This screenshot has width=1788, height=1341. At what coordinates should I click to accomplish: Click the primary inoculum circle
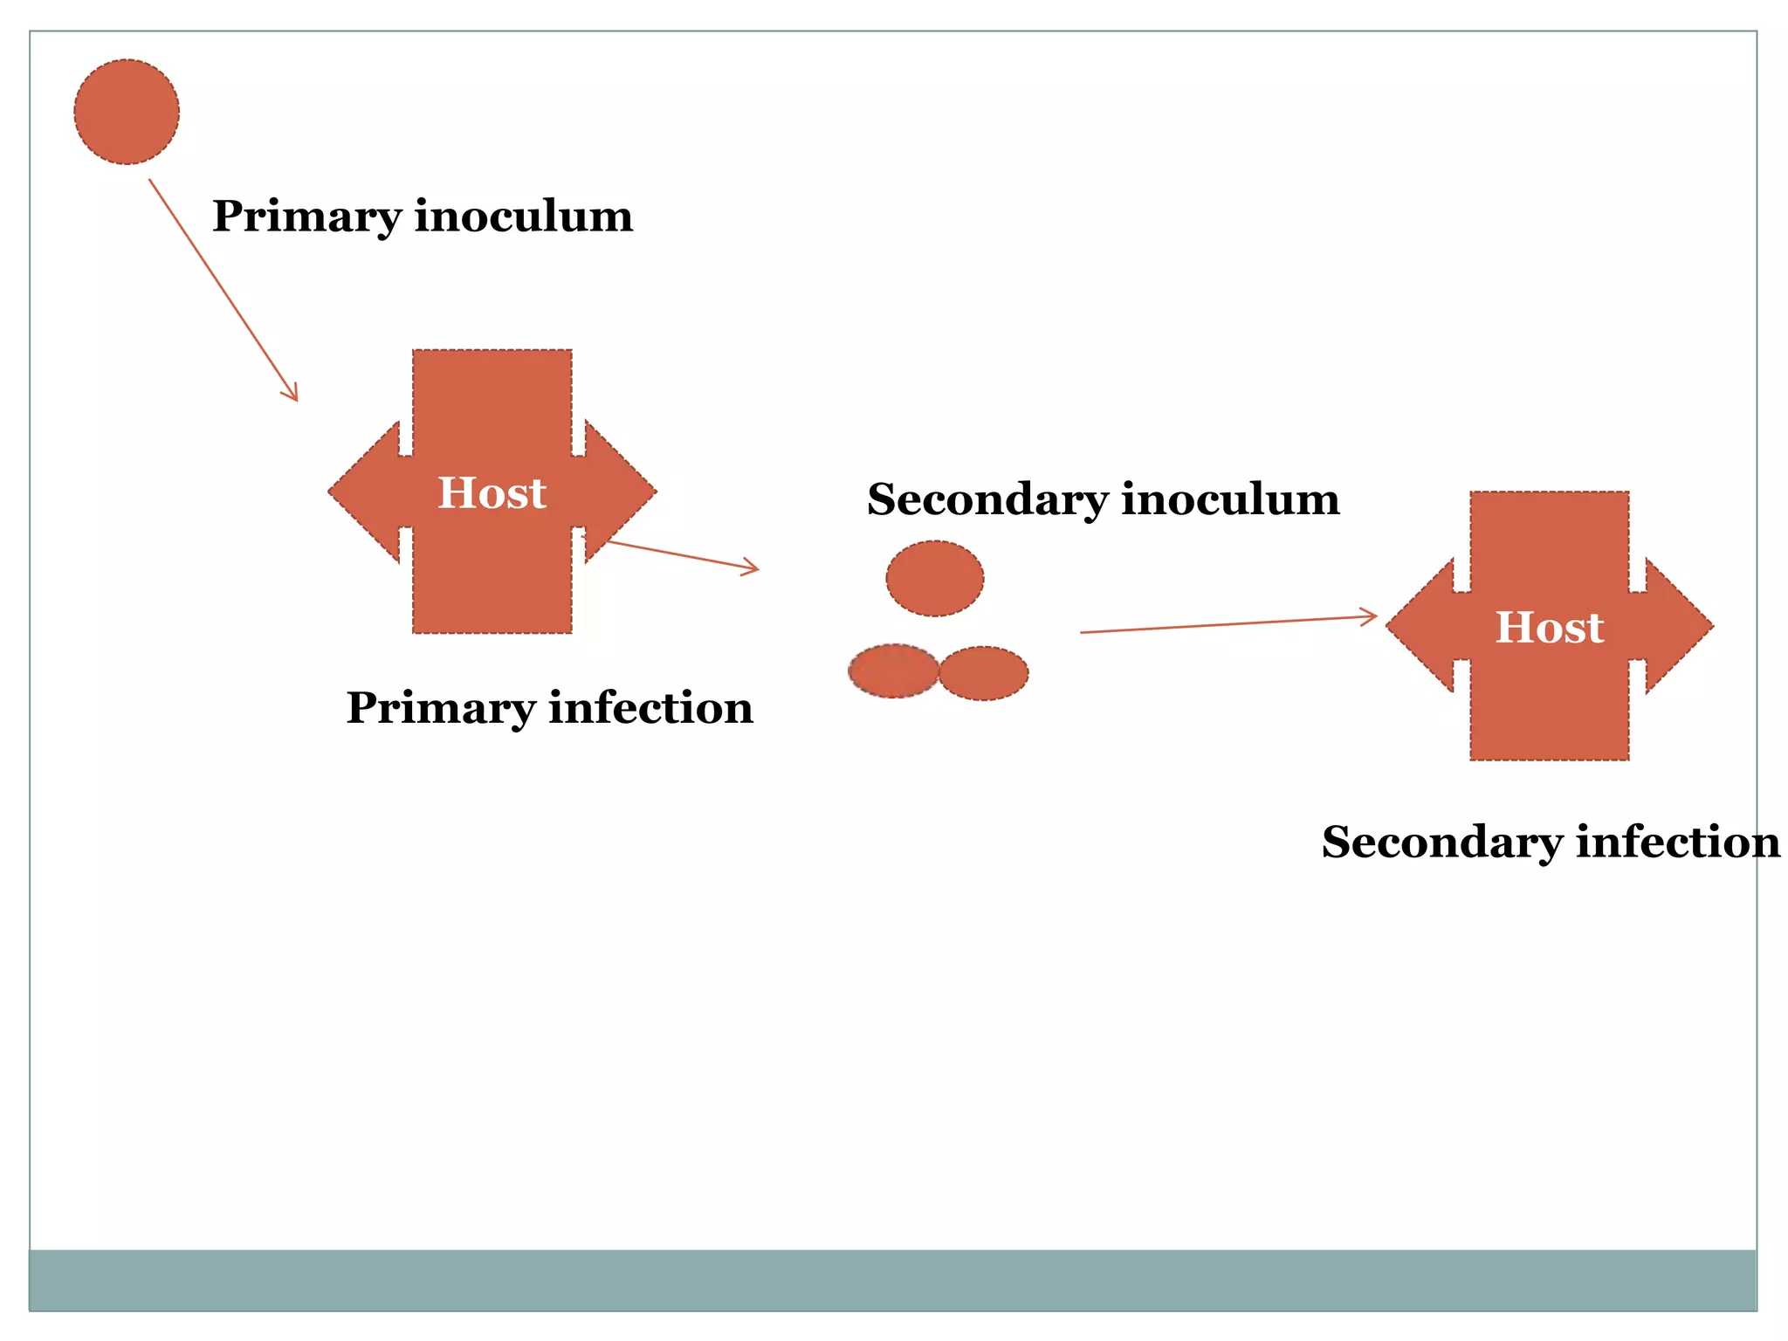pos(127,112)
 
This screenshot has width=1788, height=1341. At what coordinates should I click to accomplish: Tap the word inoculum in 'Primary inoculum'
pos(523,216)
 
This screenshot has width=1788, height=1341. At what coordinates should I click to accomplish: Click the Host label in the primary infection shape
pos(492,492)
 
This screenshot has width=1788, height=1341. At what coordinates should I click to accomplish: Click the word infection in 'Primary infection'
pos(650,707)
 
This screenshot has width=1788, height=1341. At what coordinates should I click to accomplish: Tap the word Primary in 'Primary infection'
pos(439,708)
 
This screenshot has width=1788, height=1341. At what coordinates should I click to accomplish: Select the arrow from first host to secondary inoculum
pos(681,556)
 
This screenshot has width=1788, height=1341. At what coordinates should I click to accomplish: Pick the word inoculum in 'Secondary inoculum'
pos(1230,499)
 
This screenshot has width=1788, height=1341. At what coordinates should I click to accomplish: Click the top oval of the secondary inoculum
pos(934,578)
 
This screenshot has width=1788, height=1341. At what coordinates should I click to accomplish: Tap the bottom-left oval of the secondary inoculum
pos(892,670)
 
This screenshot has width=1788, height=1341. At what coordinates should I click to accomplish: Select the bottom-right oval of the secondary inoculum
pos(984,672)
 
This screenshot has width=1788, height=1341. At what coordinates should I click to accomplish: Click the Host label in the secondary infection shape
pos(1549,627)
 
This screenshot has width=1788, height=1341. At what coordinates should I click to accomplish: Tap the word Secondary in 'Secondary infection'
pos(1441,842)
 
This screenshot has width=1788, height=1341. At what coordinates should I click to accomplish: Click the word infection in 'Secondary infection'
pos(1678,842)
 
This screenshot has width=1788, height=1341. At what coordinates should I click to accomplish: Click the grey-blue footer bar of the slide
pos(892,1279)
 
